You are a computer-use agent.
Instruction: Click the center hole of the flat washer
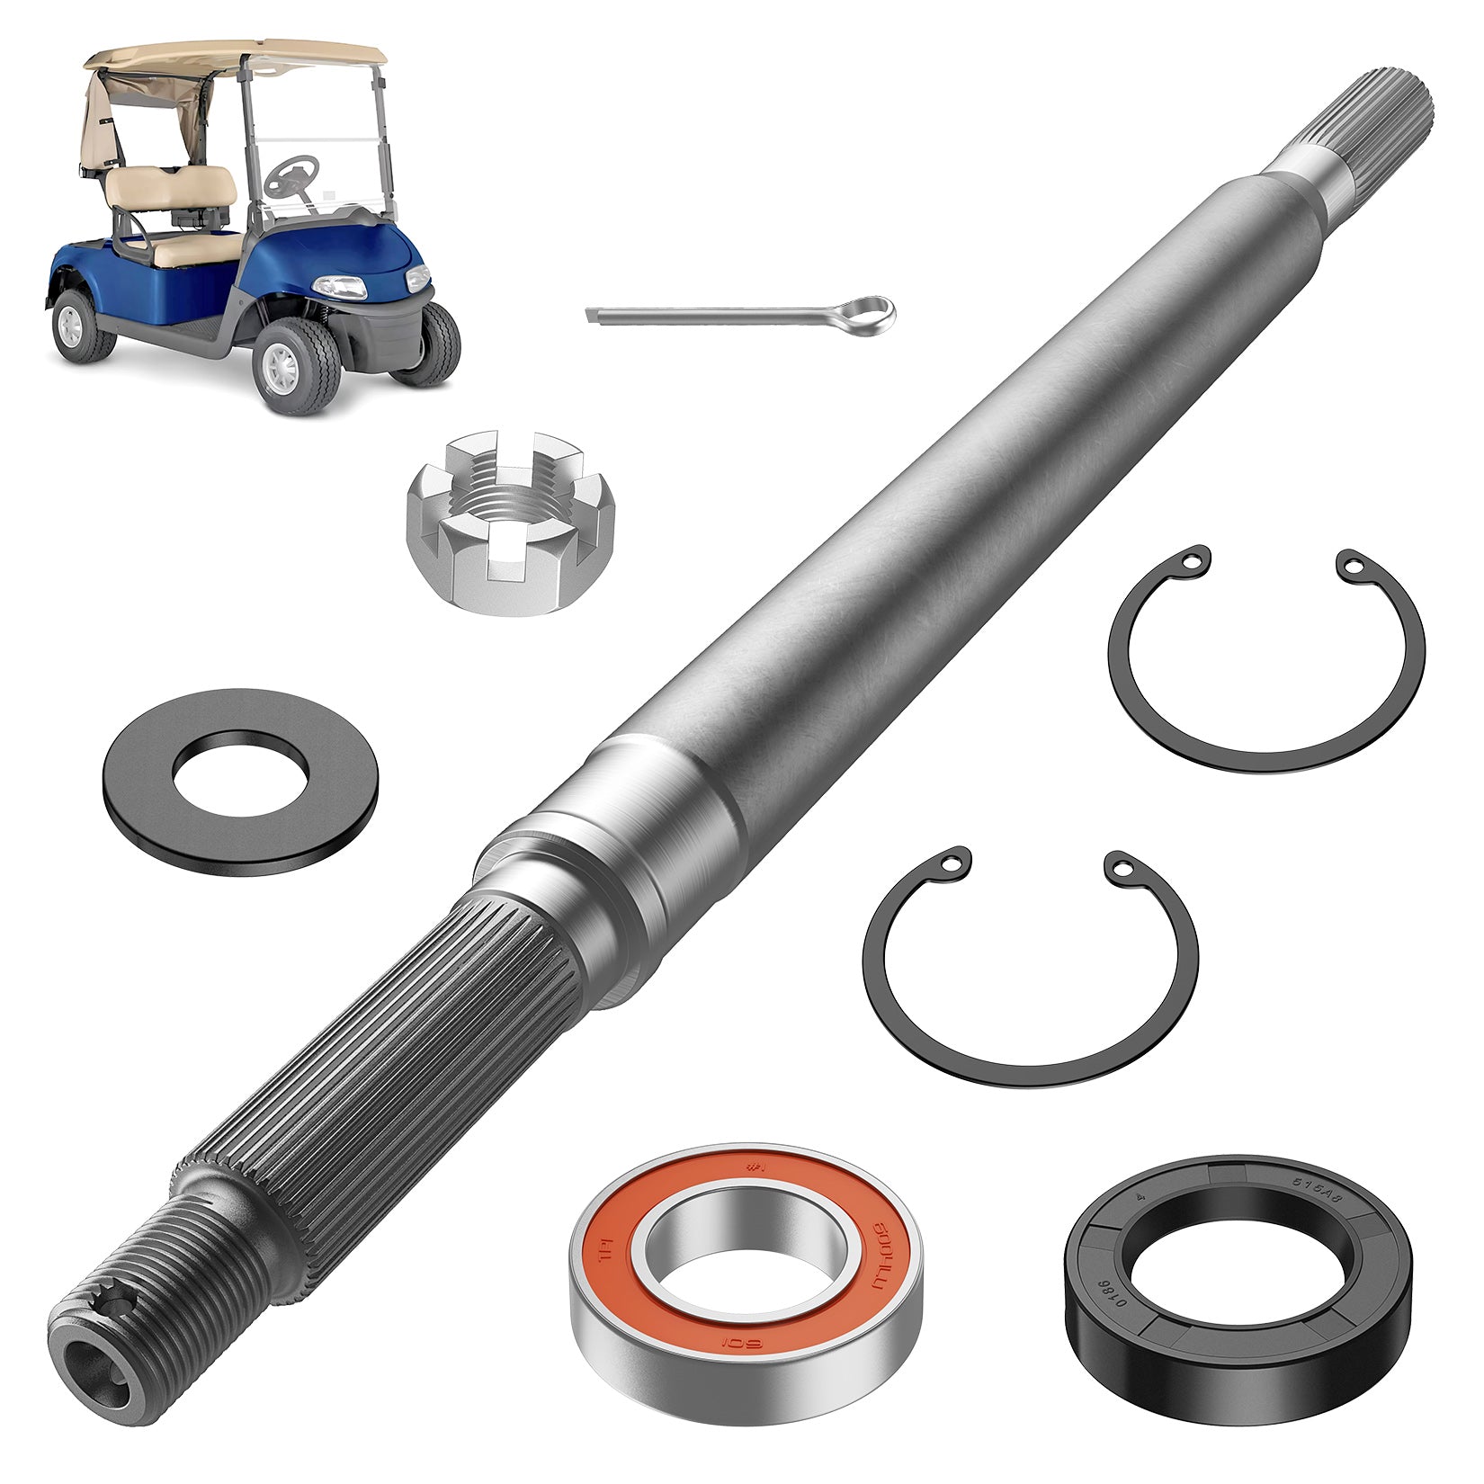tap(238, 774)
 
